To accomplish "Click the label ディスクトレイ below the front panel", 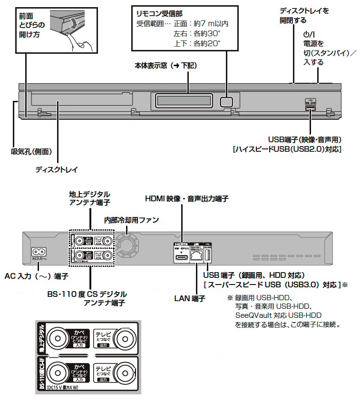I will click(x=57, y=169).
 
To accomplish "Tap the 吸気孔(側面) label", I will click(x=31, y=152).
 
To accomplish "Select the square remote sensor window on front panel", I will click(x=226, y=101).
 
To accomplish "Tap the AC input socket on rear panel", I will click(x=38, y=252).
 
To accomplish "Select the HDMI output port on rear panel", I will click(x=181, y=257).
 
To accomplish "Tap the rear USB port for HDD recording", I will click(x=207, y=256).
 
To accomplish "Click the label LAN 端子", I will click(x=189, y=298).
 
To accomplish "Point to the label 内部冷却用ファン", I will click(x=132, y=220).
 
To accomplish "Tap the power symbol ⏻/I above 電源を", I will click(x=308, y=35).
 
